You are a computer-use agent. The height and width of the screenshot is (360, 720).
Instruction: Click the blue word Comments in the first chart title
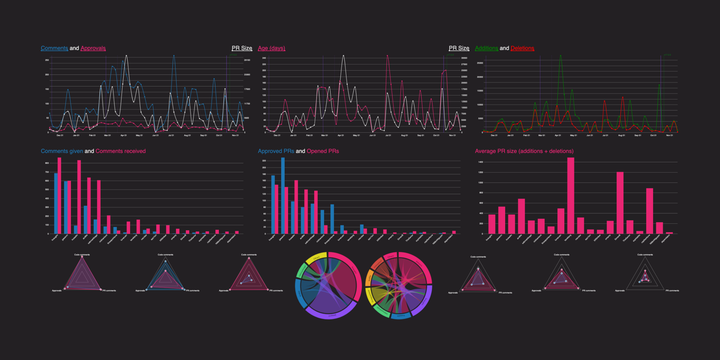point(55,48)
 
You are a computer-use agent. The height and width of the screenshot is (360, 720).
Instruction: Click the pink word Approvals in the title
point(93,48)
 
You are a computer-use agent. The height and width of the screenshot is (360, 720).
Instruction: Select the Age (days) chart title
point(271,48)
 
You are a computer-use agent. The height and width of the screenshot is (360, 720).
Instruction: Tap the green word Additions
point(487,48)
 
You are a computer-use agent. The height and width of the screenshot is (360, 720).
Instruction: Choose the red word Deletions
point(522,48)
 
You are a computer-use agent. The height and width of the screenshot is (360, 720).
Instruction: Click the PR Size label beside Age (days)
point(459,48)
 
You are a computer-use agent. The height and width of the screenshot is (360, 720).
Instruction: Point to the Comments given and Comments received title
point(93,151)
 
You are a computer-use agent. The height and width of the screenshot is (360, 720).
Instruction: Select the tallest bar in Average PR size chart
point(570,195)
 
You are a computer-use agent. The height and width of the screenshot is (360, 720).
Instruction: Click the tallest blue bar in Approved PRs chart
point(283,195)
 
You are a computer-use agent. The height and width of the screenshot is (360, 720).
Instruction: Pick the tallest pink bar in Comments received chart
point(60,195)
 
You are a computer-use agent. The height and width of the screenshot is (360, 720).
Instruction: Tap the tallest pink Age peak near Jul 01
point(388,56)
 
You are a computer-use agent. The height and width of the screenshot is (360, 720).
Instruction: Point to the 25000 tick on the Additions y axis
point(479,62)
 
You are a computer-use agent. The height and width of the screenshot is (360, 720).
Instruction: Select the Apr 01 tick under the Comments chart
point(123,136)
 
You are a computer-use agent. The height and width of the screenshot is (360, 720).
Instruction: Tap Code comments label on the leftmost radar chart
point(82,254)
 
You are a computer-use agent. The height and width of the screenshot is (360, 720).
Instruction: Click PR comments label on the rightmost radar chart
point(672,291)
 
